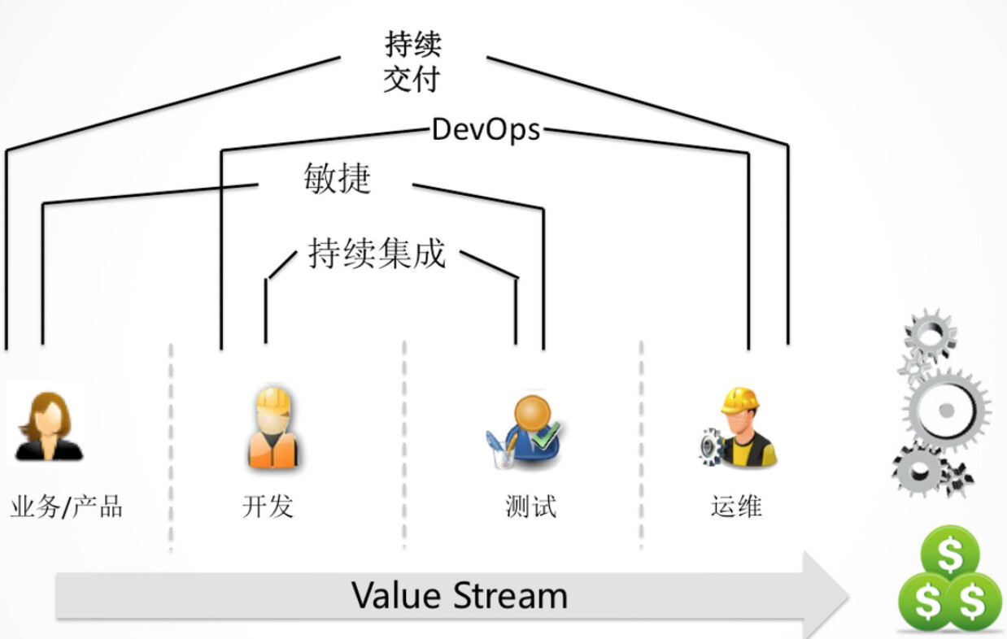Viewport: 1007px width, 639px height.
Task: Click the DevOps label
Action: [x=486, y=129]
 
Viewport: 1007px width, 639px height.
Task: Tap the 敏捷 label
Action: [x=337, y=179]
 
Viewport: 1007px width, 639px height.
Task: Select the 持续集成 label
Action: [x=377, y=254]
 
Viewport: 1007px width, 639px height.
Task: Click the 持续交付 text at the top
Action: [x=412, y=62]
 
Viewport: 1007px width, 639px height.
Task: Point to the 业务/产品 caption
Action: [x=67, y=506]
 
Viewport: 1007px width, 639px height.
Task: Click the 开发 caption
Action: [x=268, y=506]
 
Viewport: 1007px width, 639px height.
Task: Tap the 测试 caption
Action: [x=530, y=506]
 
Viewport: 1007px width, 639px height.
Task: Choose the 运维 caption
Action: [x=736, y=506]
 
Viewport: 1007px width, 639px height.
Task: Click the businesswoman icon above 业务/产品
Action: [x=48, y=426]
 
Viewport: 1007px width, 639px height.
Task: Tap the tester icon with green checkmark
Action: [x=524, y=430]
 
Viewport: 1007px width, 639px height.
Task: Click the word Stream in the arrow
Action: [x=510, y=596]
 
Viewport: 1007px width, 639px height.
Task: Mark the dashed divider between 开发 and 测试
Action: [x=404, y=443]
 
